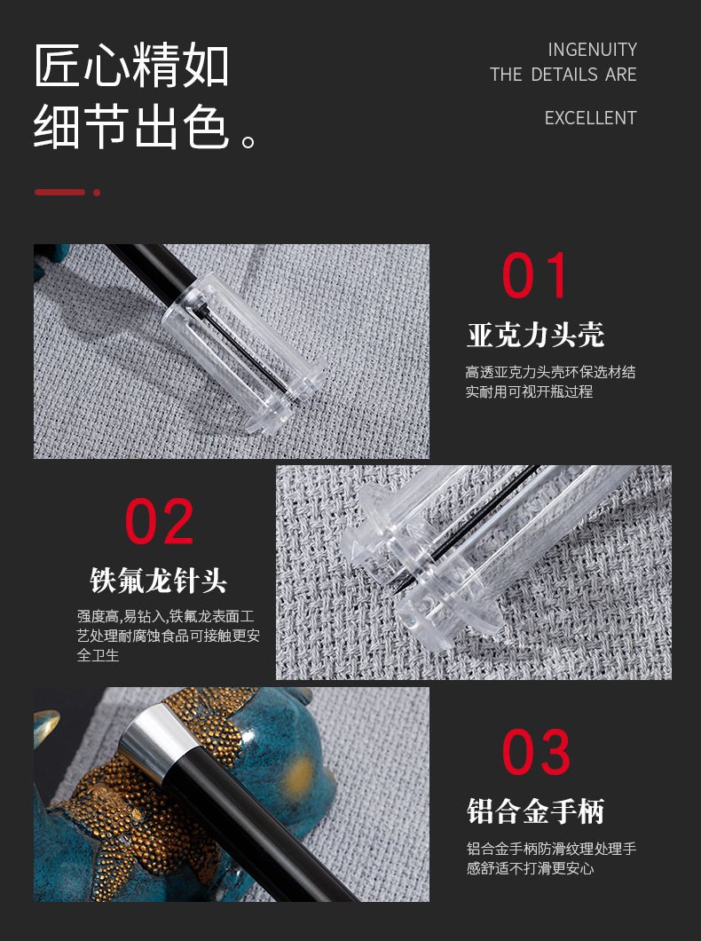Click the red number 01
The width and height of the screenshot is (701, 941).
click(x=534, y=275)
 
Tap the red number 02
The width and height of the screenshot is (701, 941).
click(x=159, y=521)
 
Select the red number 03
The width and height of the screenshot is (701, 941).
click(x=536, y=752)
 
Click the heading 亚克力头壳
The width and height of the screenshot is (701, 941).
click(x=535, y=335)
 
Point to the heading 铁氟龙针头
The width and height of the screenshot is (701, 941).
click(x=158, y=581)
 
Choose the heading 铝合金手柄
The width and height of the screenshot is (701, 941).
click(x=535, y=811)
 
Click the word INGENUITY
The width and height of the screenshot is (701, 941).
click(x=593, y=49)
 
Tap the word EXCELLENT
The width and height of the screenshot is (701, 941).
click(x=591, y=117)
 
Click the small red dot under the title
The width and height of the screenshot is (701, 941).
click(x=97, y=193)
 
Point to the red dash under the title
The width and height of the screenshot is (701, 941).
click(x=60, y=192)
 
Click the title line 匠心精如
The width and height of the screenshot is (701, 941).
click(x=131, y=65)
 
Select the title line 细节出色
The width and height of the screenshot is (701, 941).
click(x=131, y=127)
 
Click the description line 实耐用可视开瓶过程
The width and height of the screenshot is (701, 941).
click(x=530, y=391)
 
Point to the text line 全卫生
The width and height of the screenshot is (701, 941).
click(x=98, y=655)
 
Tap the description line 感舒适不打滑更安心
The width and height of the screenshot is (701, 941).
click(x=530, y=868)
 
